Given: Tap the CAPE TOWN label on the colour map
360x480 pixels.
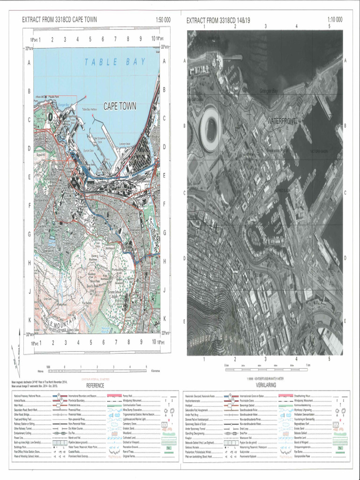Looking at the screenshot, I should [x=120, y=106].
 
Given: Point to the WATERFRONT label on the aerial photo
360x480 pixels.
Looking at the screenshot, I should [x=282, y=121].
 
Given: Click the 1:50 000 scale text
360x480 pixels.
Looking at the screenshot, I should [x=163, y=20].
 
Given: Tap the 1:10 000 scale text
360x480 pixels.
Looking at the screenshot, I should [x=335, y=20].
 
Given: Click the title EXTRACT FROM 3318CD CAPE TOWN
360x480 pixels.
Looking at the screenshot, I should [x=60, y=20].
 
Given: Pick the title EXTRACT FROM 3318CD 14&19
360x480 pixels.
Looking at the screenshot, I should [x=220, y=20].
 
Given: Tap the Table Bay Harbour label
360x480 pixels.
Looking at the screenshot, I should [x=92, y=109].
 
